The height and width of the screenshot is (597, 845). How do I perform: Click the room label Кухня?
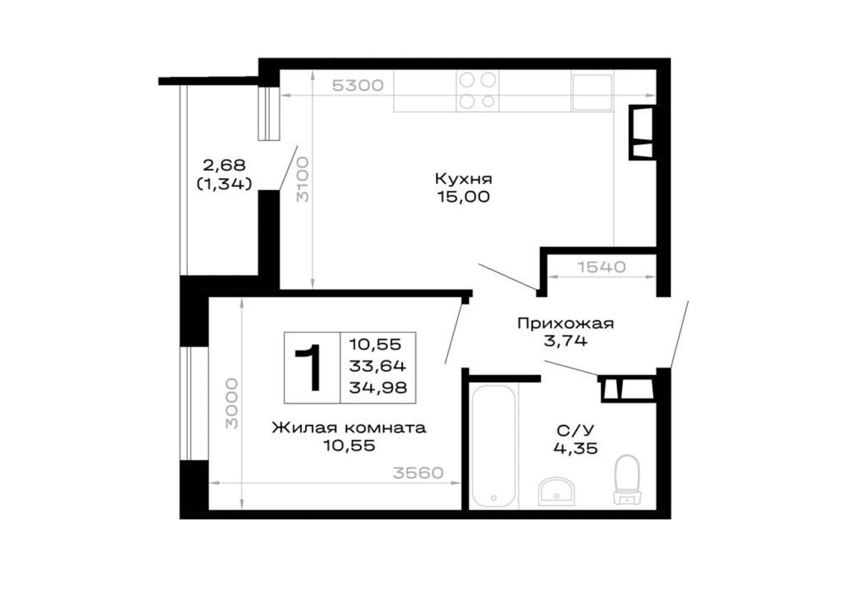[463, 179]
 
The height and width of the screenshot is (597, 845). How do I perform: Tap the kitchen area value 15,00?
[463, 197]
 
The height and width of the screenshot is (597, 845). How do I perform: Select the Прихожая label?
[565, 324]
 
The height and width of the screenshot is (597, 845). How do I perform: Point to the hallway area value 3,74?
[565, 341]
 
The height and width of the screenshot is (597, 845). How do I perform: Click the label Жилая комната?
[349, 428]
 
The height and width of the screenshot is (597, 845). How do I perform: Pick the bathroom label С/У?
[575, 431]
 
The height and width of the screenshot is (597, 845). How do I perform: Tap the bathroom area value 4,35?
[575, 448]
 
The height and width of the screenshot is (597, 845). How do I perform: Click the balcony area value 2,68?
[224, 165]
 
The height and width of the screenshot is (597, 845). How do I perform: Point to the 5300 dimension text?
[357, 86]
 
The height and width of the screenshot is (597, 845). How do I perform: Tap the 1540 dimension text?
[602, 267]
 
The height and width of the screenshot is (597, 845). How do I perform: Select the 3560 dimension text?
[418, 473]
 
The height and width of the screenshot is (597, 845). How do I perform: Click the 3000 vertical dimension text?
[232, 403]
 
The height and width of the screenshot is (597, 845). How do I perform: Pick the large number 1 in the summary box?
[310, 367]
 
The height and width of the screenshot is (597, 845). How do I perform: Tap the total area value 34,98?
[378, 388]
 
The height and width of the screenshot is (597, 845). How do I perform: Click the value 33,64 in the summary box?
[378, 366]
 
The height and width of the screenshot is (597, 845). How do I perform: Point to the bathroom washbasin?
[557, 491]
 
